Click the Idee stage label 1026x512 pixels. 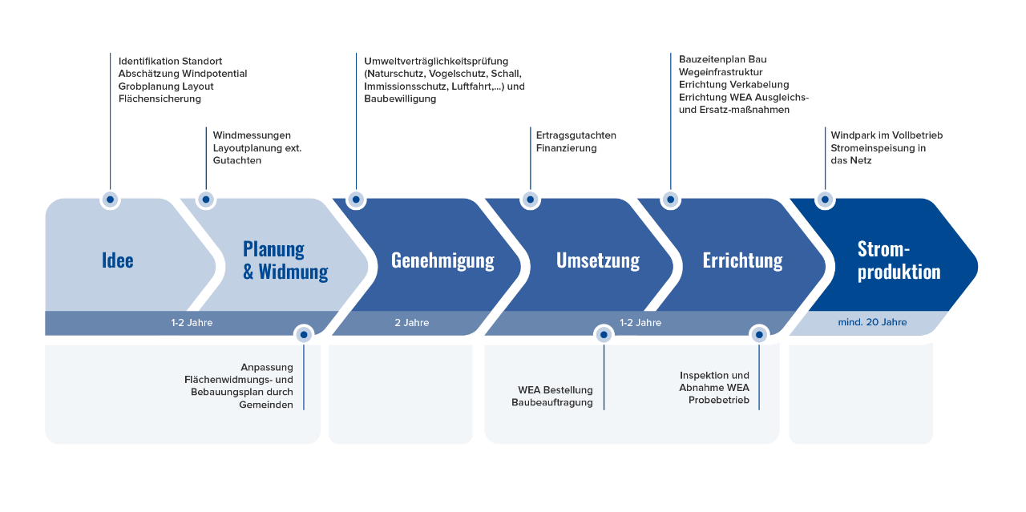[117, 260]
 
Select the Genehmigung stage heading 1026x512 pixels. [442, 260]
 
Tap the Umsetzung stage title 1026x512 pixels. [598, 260]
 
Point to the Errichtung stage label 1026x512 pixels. [742, 260]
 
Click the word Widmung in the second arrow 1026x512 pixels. [293, 272]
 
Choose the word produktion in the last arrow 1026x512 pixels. [899, 272]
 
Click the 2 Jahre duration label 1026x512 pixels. [412, 323]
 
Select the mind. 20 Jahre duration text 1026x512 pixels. [872, 322]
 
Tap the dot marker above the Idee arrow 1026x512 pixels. [110, 200]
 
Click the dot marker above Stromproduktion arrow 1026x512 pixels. [825, 200]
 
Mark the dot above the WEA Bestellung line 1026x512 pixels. [604, 335]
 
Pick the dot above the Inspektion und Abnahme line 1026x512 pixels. [759, 335]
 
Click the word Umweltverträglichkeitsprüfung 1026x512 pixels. [436, 62]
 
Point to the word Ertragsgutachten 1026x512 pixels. [576, 135]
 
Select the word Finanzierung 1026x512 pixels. [566, 148]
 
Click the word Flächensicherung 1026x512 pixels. [160, 99]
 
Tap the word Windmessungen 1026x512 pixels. [252, 135]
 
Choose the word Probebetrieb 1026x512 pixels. [719, 401]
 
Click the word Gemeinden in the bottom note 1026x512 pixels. [265, 405]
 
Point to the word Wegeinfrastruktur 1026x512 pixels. [721, 72]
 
